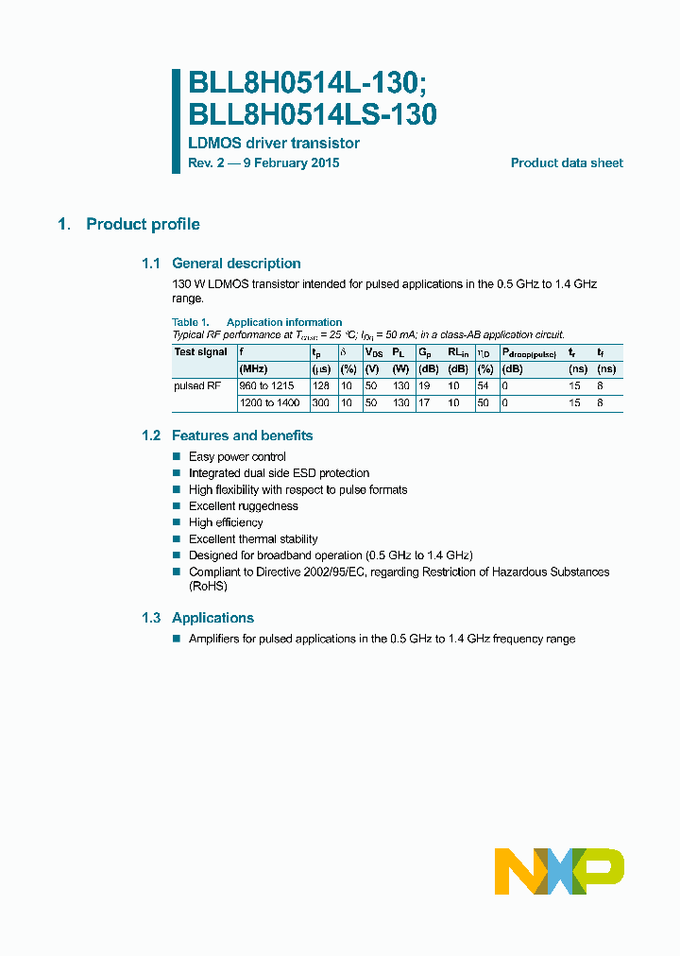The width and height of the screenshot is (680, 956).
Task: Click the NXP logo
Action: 559,870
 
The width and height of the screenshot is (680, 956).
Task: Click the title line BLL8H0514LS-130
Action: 313,114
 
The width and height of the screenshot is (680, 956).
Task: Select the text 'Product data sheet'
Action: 567,162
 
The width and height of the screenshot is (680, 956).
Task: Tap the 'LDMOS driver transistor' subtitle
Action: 274,144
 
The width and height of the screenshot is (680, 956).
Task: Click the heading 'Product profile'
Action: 143,224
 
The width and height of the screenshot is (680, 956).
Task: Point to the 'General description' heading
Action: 236,264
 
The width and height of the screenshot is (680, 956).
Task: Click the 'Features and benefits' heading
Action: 242,435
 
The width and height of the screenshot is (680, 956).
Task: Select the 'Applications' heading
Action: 212,618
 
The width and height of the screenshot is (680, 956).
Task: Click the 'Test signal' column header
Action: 200,352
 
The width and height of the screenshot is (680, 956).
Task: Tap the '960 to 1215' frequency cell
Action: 267,386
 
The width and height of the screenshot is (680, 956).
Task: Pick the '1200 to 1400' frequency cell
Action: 269,403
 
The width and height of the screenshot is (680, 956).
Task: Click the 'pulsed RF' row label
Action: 196,386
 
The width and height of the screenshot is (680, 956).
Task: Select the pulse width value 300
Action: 321,403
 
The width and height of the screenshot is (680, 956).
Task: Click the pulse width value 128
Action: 321,386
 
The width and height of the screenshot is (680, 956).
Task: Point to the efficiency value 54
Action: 484,386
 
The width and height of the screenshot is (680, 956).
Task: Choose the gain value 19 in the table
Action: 425,386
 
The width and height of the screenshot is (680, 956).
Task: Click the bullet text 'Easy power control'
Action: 237,456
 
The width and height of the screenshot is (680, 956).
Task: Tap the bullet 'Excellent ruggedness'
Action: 243,506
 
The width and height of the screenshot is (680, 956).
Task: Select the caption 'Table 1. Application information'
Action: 257,322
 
